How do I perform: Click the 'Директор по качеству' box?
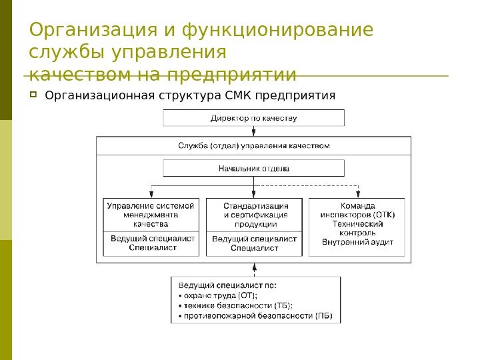(254, 118)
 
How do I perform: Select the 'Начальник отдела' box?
(254, 168)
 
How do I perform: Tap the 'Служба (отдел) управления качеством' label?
(254, 145)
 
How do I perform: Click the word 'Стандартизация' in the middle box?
(256, 206)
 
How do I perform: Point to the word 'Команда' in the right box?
(358, 206)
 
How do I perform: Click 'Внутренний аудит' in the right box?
(358, 243)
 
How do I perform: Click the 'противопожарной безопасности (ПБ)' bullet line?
(256, 315)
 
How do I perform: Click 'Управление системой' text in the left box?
(151, 206)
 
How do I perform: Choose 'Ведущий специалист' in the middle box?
(255, 238)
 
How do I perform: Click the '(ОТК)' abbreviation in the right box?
(383, 215)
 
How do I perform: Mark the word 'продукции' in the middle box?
(255, 225)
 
